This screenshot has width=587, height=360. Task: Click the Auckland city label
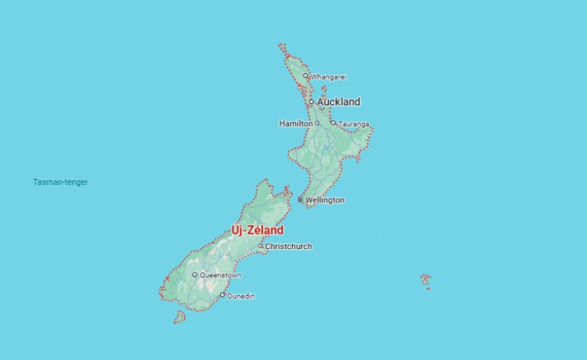coord(338,102)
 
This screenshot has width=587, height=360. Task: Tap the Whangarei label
coord(329,76)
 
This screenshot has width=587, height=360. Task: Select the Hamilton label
coord(295,123)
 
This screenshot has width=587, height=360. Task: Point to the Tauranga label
coord(354,124)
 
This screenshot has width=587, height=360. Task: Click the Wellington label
coord(324,200)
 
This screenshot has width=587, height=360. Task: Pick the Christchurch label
coord(288,246)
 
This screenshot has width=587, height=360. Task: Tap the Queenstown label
coord(220,275)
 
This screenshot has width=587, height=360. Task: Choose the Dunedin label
coord(242,296)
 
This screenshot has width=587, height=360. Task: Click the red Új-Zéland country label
coord(258,230)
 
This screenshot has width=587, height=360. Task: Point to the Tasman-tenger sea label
coord(60,182)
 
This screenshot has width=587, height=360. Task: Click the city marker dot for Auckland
coord(311,102)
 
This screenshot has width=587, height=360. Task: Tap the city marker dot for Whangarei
coord(306,76)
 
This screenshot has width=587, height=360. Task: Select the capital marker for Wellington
coord(300,199)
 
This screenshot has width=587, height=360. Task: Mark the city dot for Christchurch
coord(260,246)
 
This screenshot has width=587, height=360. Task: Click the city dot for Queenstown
coord(194,275)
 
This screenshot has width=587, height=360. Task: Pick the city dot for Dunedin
coord(222,295)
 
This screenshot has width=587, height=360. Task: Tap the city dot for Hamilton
coord(317,123)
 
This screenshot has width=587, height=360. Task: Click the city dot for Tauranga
coord(333,123)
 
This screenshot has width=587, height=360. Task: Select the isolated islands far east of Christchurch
coord(426,280)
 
